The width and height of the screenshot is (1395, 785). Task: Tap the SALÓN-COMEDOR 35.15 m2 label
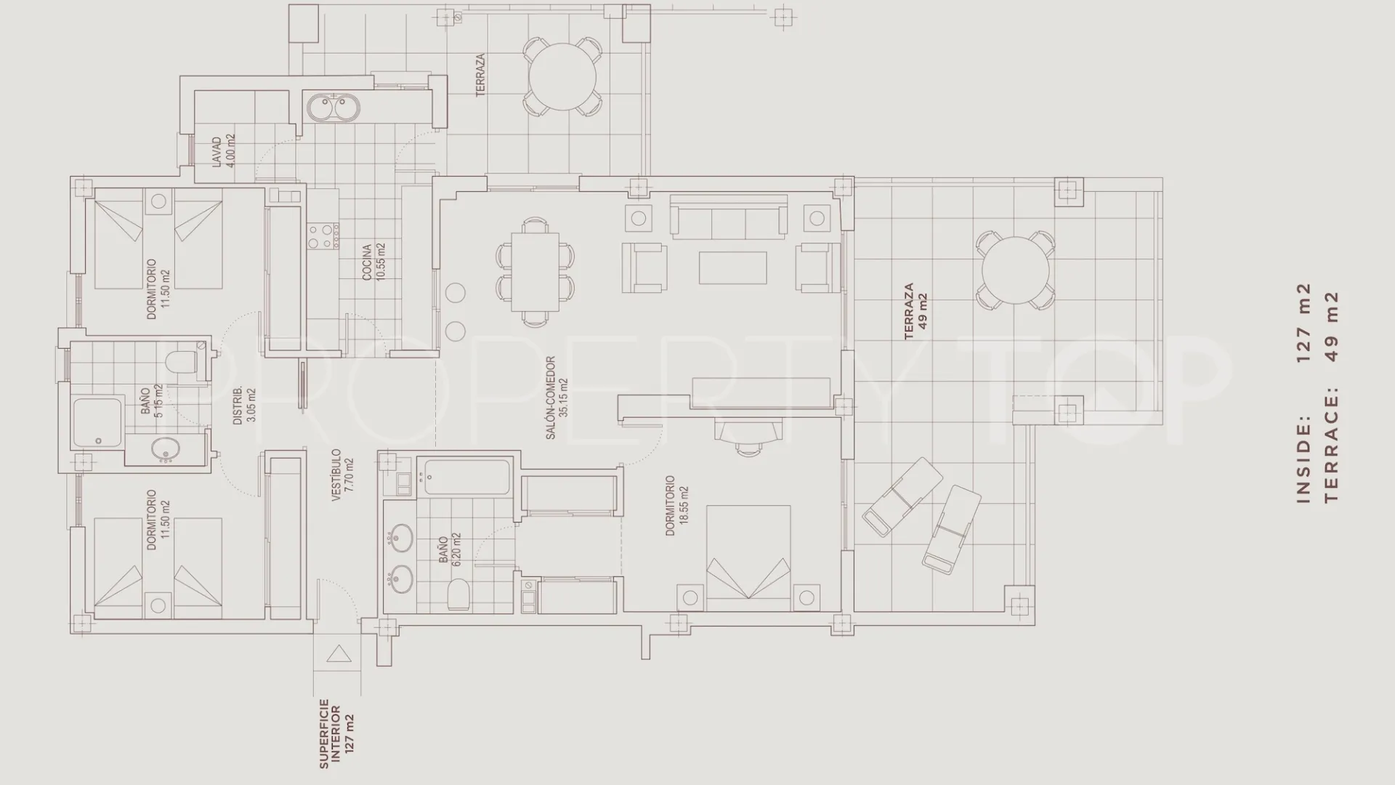click(x=557, y=397)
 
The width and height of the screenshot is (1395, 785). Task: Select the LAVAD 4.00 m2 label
click(x=223, y=150)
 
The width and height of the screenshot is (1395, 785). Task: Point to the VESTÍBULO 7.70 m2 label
click(x=342, y=475)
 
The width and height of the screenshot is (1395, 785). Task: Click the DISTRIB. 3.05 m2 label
click(x=243, y=406)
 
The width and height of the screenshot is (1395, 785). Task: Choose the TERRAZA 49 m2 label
click(x=915, y=311)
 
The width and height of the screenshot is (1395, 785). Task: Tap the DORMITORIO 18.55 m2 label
click(x=676, y=505)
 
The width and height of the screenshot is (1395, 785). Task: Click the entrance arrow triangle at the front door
click(x=339, y=654)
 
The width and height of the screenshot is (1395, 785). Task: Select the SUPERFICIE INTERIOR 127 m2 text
click(x=337, y=733)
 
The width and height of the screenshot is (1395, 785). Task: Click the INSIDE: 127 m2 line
click(x=1304, y=392)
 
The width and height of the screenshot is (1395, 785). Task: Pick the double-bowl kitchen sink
click(x=331, y=109)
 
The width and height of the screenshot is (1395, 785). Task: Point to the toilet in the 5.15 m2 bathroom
click(x=182, y=361)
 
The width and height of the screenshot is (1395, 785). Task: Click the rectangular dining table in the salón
click(x=535, y=271)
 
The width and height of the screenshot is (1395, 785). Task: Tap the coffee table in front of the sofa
click(x=732, y=267)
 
